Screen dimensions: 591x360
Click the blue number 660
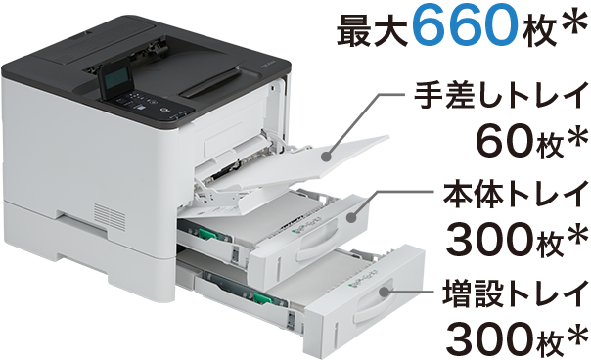[x=466, y=25]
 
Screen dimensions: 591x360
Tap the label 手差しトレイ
[x=500, y=96]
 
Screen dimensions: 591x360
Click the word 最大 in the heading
[x=372, y=29]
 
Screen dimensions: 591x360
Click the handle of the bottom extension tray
[x=374, y=302]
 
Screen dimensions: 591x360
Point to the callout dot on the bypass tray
[x=327, y=157]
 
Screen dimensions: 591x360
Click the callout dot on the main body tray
[x=351, y=216]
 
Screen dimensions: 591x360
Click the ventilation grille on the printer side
[x=110, y=216]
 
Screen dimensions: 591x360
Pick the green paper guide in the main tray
[x=206, y=234]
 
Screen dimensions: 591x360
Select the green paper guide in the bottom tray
[x=262, y=298]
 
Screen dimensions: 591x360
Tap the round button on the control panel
[x=163, y=111]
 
